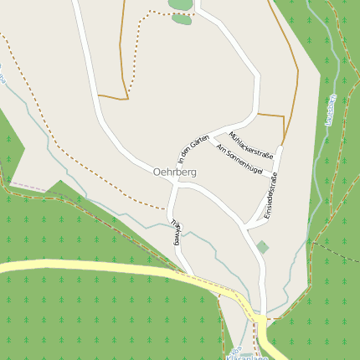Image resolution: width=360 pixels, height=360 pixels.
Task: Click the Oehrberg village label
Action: (x=174, y=172)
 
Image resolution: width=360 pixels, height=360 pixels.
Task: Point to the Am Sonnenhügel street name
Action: (x=239, y=159)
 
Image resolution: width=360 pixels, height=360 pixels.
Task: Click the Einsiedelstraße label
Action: (x=270, y=204)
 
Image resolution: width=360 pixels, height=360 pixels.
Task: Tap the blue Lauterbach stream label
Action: (x=330, y=110)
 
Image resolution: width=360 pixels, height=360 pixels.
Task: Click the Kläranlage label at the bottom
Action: (x=247, y=356)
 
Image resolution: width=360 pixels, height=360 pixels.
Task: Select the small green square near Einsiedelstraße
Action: (x=263, y=247)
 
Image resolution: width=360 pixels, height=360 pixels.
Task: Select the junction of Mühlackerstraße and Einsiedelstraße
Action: (x=281, y=148)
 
